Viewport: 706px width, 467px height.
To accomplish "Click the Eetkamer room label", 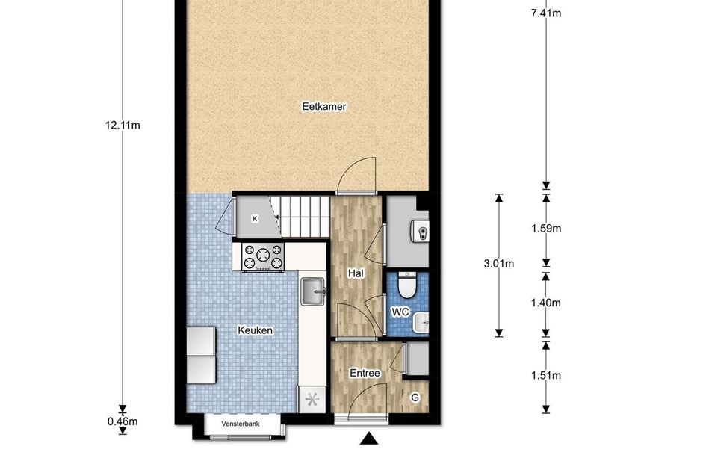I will click(324, 107).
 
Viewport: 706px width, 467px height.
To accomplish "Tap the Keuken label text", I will click(255, 330).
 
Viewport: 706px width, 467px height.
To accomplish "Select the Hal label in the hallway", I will click(356, 273).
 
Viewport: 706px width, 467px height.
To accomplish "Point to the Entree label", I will click(365, 374).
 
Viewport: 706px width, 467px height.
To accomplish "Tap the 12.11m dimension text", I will click(123, 125).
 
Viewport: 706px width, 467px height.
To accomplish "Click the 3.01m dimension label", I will click(498, 263).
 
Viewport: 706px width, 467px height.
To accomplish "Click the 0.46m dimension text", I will click(123, 421).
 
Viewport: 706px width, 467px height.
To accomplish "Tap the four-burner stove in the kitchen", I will click(263, 256).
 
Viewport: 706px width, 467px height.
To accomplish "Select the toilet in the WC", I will click(408, 285).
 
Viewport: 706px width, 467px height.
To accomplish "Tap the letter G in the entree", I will click(415, 398).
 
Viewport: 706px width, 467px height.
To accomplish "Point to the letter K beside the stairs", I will click(255, 218).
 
